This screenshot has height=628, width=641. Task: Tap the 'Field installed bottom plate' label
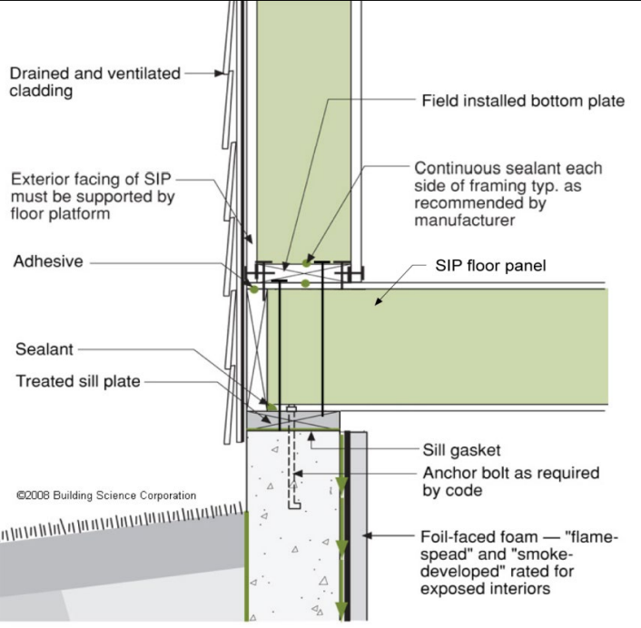click(524, 101)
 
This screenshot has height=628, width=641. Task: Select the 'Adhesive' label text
click(48, 261)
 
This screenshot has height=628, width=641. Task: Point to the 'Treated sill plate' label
click(78, 381)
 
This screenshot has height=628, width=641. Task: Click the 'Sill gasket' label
click(461, 448)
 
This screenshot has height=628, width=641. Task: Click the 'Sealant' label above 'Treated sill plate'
click(44, 349)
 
